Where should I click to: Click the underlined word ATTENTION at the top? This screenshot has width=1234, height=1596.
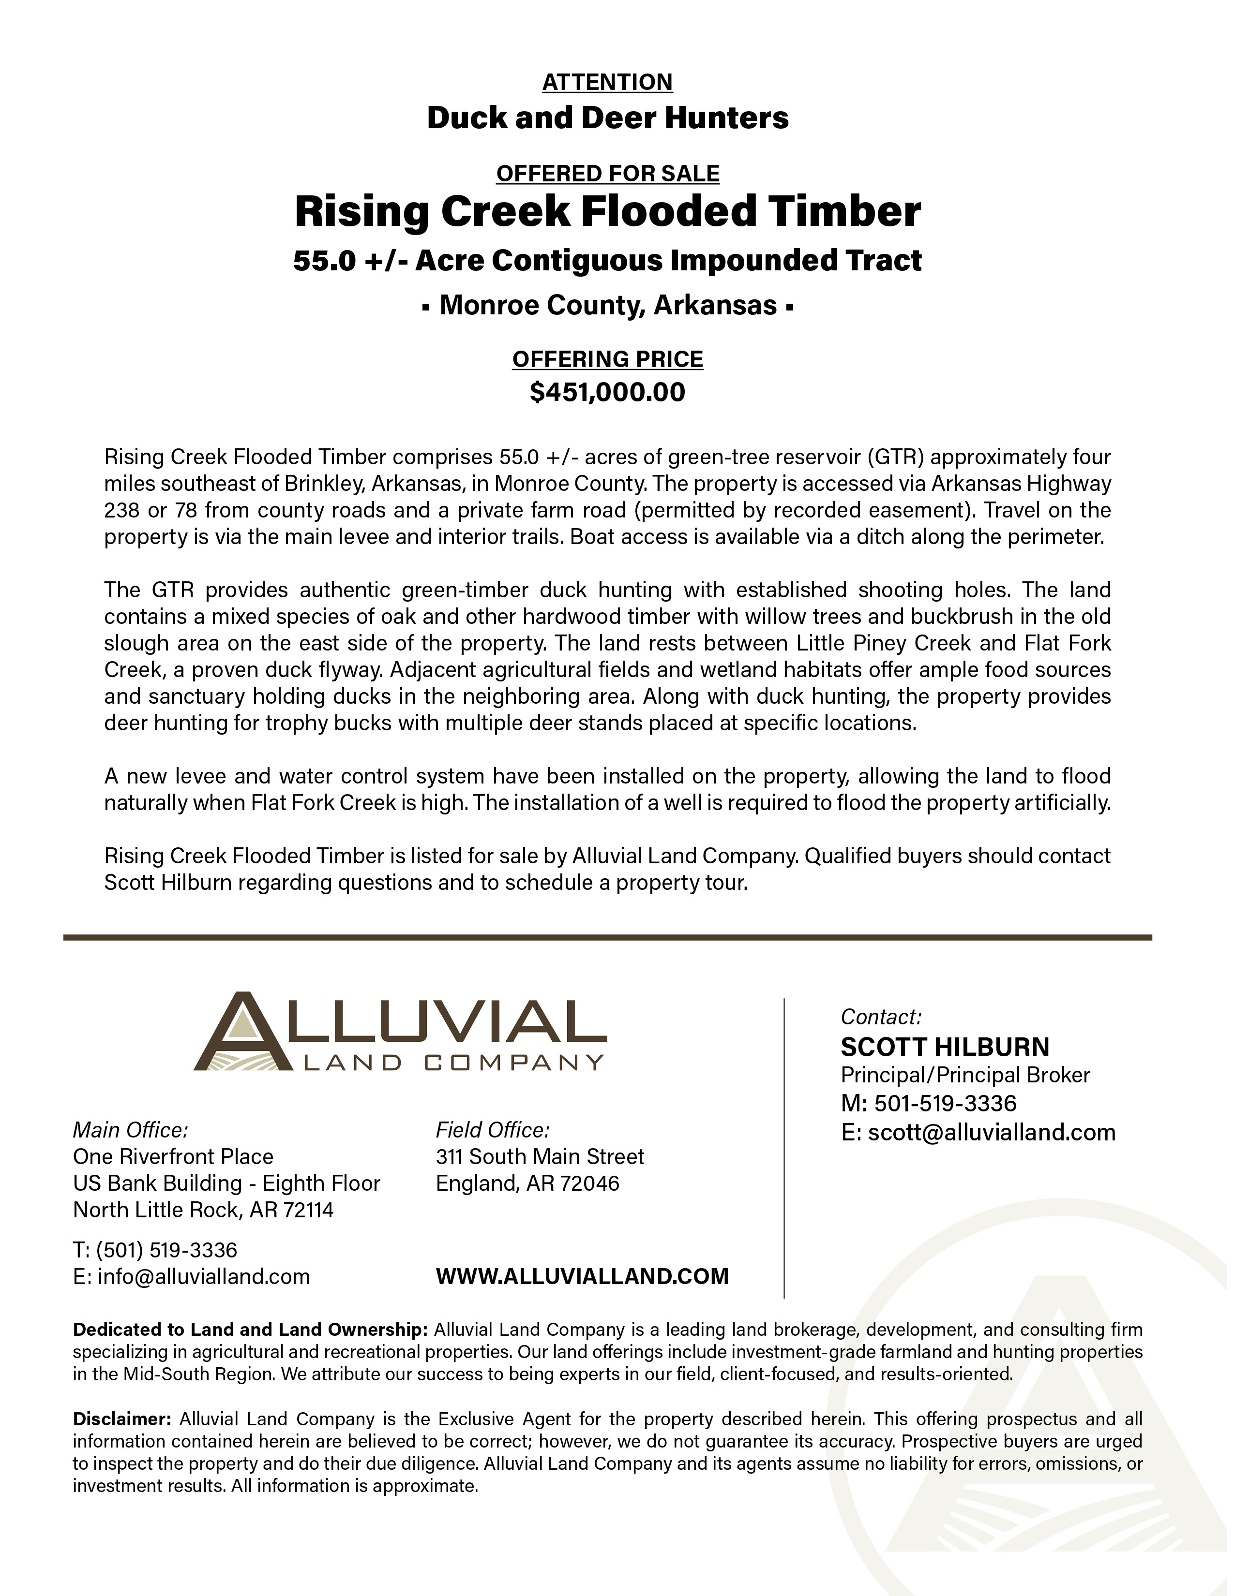(607, 82)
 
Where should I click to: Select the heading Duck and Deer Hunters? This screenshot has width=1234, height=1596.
(607, 118)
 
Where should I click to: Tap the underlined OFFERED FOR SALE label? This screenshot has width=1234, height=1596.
(607, 174)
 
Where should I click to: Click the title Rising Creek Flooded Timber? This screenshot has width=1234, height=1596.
(607, 212)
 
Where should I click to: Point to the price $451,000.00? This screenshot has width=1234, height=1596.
(607, 392)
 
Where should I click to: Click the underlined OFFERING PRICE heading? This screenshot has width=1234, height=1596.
(607, 359)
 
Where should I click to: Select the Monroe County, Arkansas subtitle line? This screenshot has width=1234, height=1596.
(607, 305)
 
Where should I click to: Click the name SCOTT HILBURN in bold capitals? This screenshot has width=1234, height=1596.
(945, 1047)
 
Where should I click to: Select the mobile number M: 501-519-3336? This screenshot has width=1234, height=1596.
(929, 1104)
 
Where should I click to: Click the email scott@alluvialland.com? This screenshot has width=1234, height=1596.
(978, 1133)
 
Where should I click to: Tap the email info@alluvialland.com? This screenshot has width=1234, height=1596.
(192, 1277)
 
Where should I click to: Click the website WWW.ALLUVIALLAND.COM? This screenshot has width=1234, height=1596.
(582, 1277)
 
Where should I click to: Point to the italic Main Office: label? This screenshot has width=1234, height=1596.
(130, 1131)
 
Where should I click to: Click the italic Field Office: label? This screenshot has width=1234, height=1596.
(492, 1131)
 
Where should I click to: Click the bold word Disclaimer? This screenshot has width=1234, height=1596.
(121, 1419)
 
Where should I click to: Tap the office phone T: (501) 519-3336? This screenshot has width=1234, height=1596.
(155, 1250)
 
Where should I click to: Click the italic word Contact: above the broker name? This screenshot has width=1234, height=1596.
(881, 1017)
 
